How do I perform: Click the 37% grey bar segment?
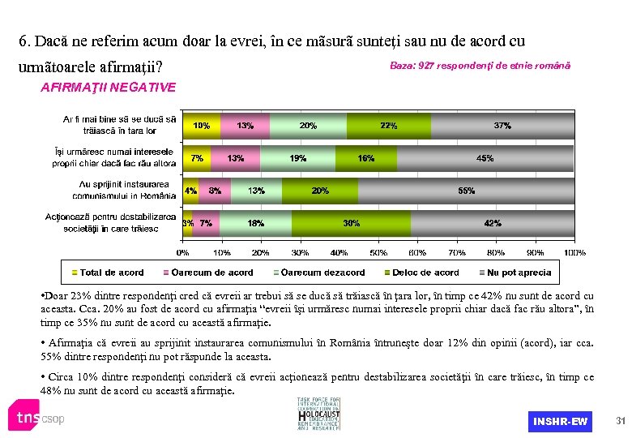tap(502, 126)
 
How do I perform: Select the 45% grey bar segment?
tap(485, 158)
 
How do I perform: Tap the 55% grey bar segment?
tap(466, 191)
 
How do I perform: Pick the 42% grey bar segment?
tap(492, 223)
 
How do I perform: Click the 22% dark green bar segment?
tap(388, 126)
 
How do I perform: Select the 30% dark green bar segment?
tap(352, 223)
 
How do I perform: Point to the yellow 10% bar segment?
tap(202, 126)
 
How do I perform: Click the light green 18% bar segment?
tap(255, 223)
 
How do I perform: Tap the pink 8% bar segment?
tap(215, 191)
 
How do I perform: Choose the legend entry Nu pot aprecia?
tap(515, 273)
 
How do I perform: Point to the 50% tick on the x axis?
tap(378, 252)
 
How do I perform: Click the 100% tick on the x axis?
tap(574, 252)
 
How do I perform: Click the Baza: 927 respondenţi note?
tap(480, 65)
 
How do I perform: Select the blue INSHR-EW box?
tap(560, 421)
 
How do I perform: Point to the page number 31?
tap(621, 420)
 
